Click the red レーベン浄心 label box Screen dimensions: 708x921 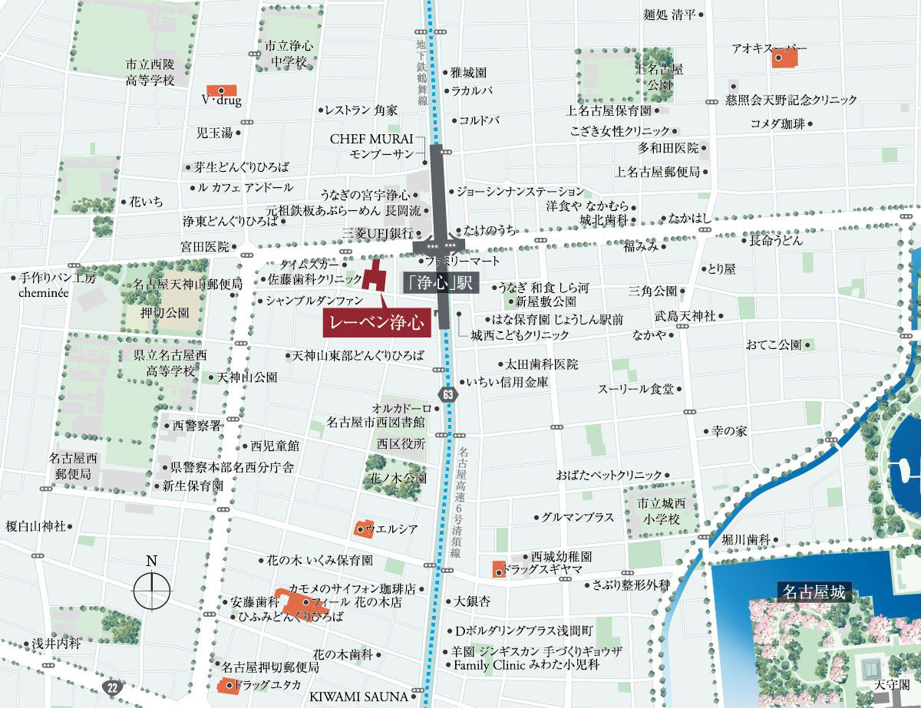tap(376, 323)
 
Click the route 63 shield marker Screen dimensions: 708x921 tap(448, 393)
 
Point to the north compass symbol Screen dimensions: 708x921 tap(152, 590)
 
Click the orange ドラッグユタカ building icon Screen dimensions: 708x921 tap(226, 685)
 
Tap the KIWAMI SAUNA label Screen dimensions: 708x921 tap(358, 696)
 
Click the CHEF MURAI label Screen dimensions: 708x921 tap(371, 140)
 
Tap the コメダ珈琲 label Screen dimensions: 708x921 tap(778, 123)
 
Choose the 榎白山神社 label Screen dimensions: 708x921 tap(35, 526)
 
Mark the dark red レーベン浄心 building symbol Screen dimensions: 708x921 tap(374, 277)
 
